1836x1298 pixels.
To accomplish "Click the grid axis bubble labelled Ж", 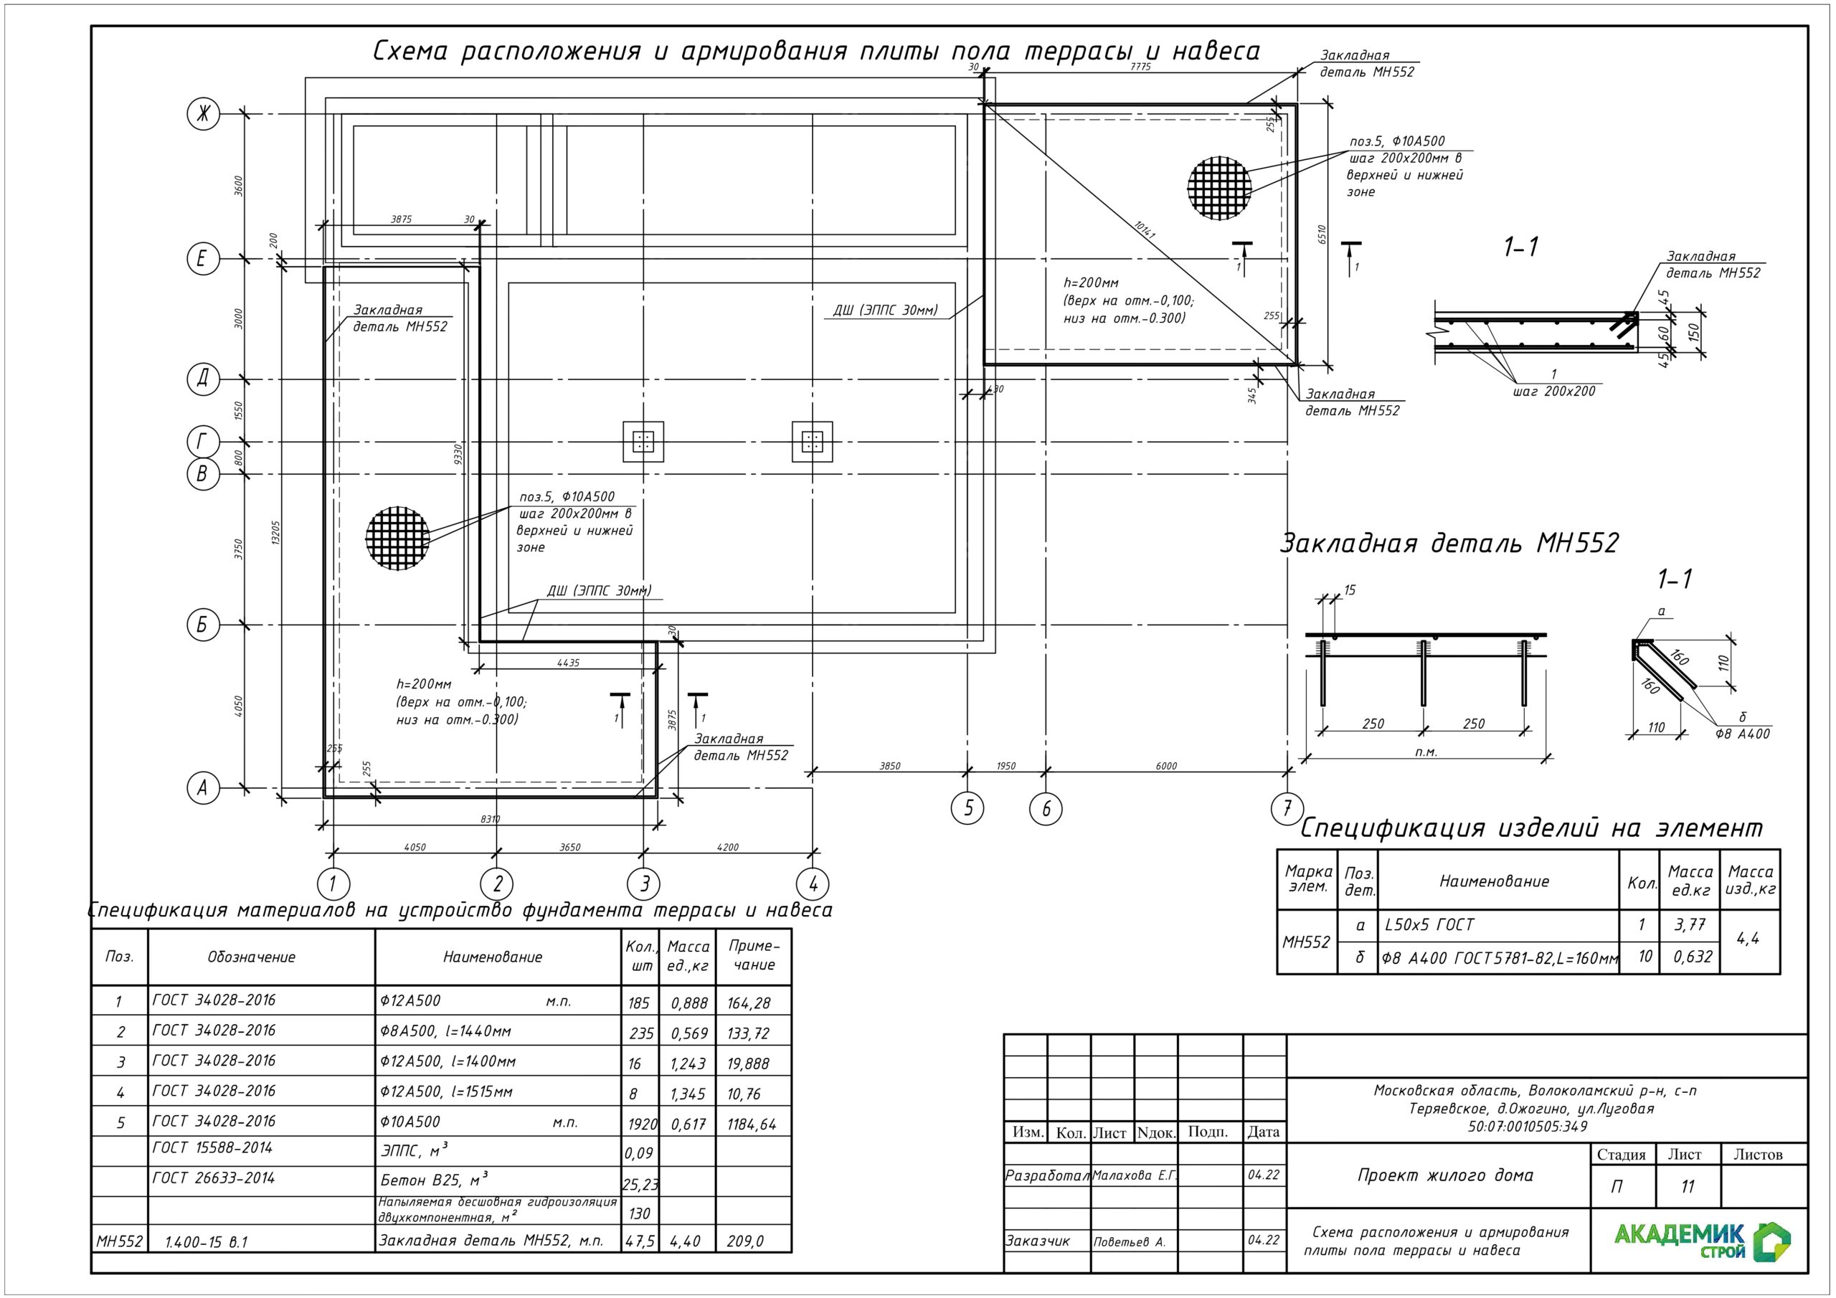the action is tap(203, 113).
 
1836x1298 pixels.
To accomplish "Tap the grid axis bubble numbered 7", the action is tap(1287, 808).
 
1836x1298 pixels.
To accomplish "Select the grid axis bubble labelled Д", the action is tap(203, 378).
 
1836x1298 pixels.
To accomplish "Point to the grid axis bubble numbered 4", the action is tap(813, 884).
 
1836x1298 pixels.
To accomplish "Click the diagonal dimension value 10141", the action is tap(1145, 230).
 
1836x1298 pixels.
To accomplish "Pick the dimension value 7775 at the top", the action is tap(1141, 67).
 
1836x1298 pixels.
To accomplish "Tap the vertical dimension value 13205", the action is tap(276, 533).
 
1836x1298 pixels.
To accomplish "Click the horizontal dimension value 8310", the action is tap(490, 819).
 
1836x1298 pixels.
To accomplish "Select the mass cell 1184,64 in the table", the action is tap(751, 1124).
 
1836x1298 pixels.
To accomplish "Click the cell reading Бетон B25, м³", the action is tap(433, 1180).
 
